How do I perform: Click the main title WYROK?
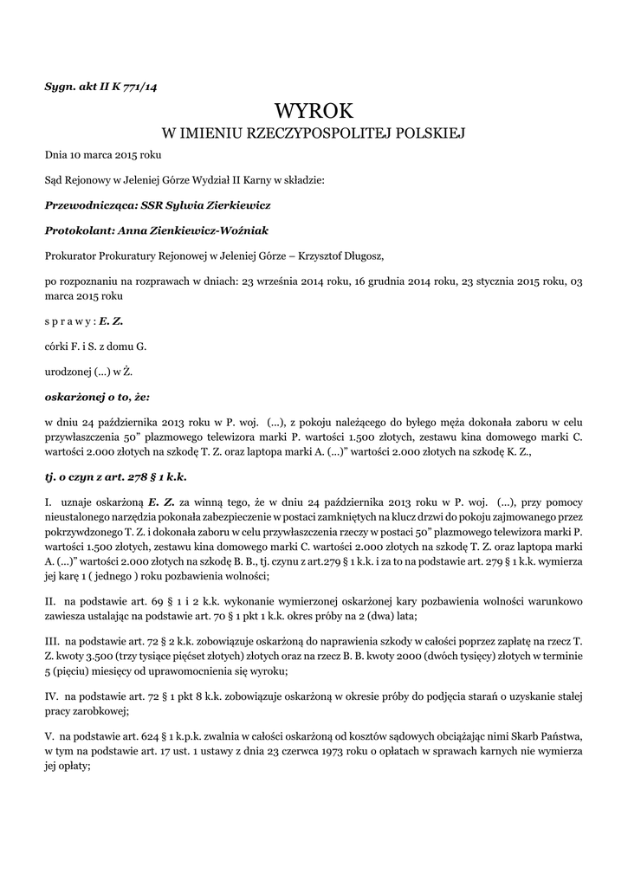click(x=314, y=111)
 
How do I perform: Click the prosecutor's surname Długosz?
click(x=353, y=256)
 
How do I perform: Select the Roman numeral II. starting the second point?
click(x=50, y=599)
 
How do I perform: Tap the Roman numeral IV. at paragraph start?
click(x=52, y=696)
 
